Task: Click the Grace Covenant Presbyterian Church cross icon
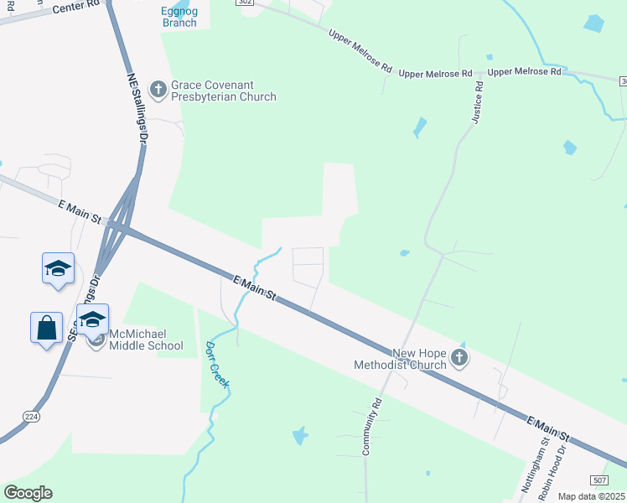(x=158, y=88)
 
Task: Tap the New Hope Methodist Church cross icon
(x=459, y=358)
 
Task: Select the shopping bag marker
(x=47, y=327)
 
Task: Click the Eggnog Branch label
(x=179, y=17)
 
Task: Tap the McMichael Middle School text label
(x=147, y=340)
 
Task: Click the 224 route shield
(x=32, y=416)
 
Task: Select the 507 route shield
(x=598, y=480)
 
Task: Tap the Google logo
(x=28, y=493)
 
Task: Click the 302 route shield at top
(x=245, y=3)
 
